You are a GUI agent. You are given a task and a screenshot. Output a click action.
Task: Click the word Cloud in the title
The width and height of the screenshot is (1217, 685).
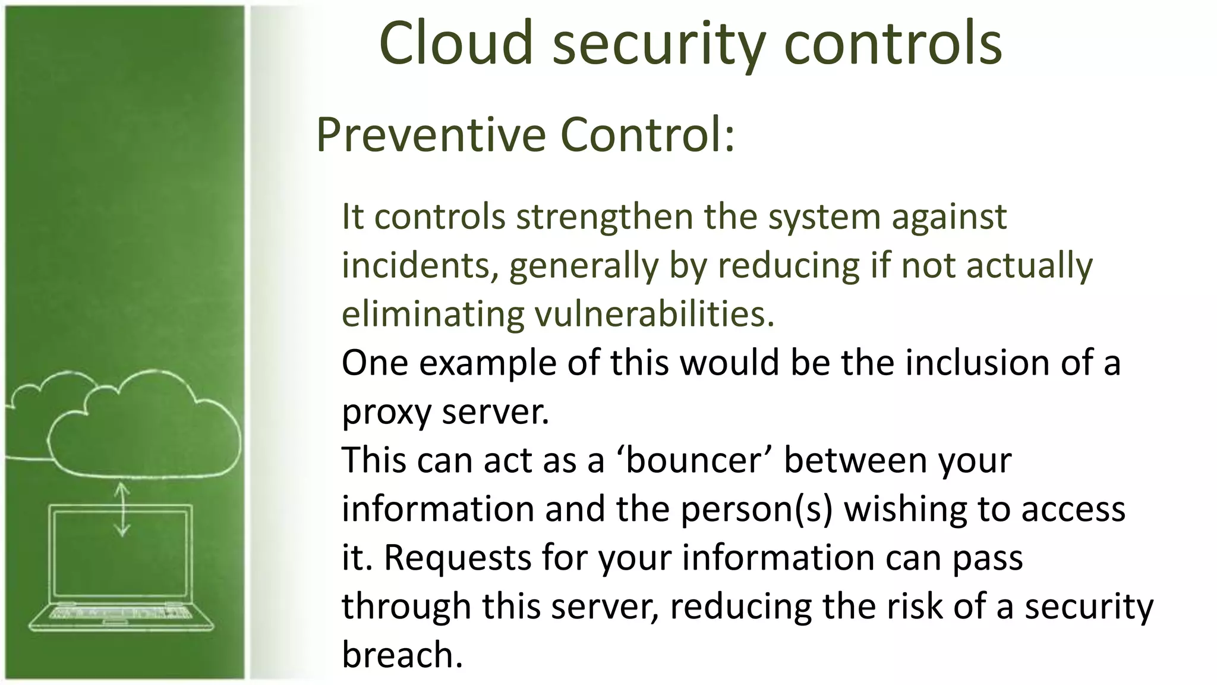point(456,43)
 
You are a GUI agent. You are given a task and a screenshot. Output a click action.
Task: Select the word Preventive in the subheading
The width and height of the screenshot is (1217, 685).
point(430,135)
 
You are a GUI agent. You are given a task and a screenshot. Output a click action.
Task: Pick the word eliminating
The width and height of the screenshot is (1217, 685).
point(433,314)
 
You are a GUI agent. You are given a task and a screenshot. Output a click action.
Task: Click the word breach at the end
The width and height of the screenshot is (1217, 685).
point(402,655)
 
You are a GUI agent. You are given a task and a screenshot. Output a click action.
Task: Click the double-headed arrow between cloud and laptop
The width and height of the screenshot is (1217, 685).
point(122,509)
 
